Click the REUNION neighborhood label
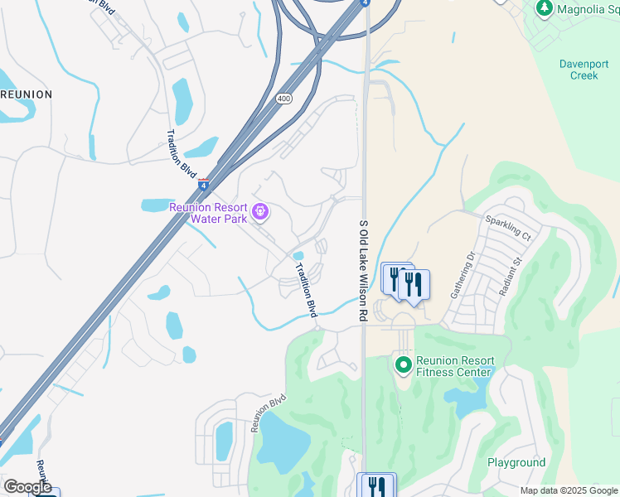click(27, 94)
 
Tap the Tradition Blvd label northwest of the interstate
click(182, 151)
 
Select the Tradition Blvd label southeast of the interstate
click(308, 290)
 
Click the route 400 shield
click(283, 99)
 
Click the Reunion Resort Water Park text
click(208, 213)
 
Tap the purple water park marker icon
click(260, 213)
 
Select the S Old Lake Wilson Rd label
click(362, 271)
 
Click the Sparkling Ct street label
click(508, 229)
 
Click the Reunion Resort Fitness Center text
click(455, 366)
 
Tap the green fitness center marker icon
click(403, 364)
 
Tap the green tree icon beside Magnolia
click(545, 8)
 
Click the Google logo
click(27, 487)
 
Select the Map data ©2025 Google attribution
click(568, 490)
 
